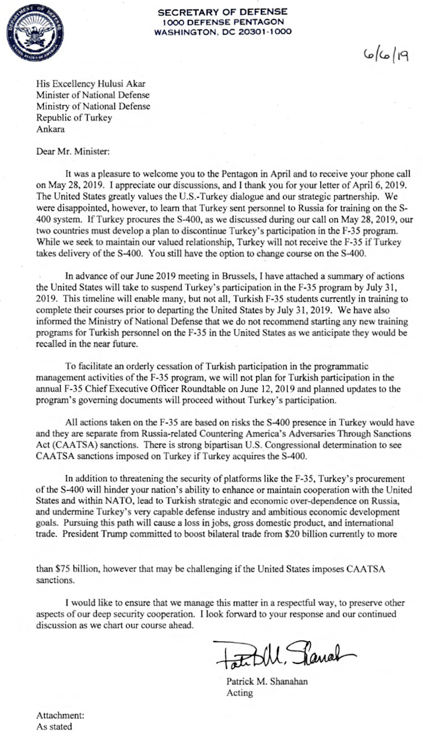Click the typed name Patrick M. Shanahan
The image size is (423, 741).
[x=266, y=682]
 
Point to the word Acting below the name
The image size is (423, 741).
[x=240, y=693]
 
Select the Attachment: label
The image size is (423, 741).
[x=60, y=716]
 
